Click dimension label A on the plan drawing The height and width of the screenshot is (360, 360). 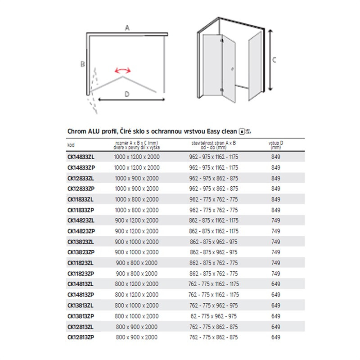127,28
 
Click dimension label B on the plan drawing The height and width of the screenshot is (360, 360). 83,64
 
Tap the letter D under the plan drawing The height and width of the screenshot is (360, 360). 127,94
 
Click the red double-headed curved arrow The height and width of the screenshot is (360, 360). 122,70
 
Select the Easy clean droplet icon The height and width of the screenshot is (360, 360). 242,131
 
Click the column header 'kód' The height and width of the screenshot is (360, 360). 71,145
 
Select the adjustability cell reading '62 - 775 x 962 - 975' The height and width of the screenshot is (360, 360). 213,315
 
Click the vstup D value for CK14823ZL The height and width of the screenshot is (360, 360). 275,220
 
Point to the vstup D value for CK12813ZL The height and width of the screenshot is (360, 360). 275,326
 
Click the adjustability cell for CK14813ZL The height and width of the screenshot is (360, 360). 213,284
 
